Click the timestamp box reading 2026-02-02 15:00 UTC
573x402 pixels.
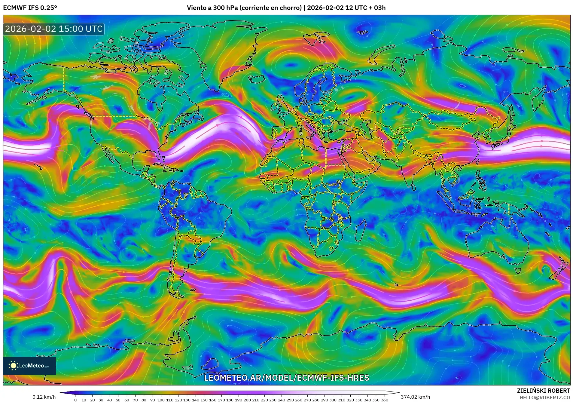(x=54, y=29)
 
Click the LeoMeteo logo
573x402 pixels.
(x=29, y=366)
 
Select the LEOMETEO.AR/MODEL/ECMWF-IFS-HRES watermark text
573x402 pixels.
(x=286, y=378)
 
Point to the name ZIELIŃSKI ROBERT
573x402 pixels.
(x=543, y=391)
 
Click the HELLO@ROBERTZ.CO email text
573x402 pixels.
(x=545, y=397)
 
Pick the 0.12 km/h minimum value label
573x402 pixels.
(x=44, y=397)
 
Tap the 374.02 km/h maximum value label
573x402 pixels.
(x=415, y=397)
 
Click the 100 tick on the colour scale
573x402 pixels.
(x=161, y=400)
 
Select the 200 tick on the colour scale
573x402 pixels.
(x=247, y=400)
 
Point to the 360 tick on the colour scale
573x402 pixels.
(x=384, y=400)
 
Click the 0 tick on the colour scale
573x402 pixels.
(x=75, y=400)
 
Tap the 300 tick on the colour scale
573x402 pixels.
(x=333, y=400)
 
